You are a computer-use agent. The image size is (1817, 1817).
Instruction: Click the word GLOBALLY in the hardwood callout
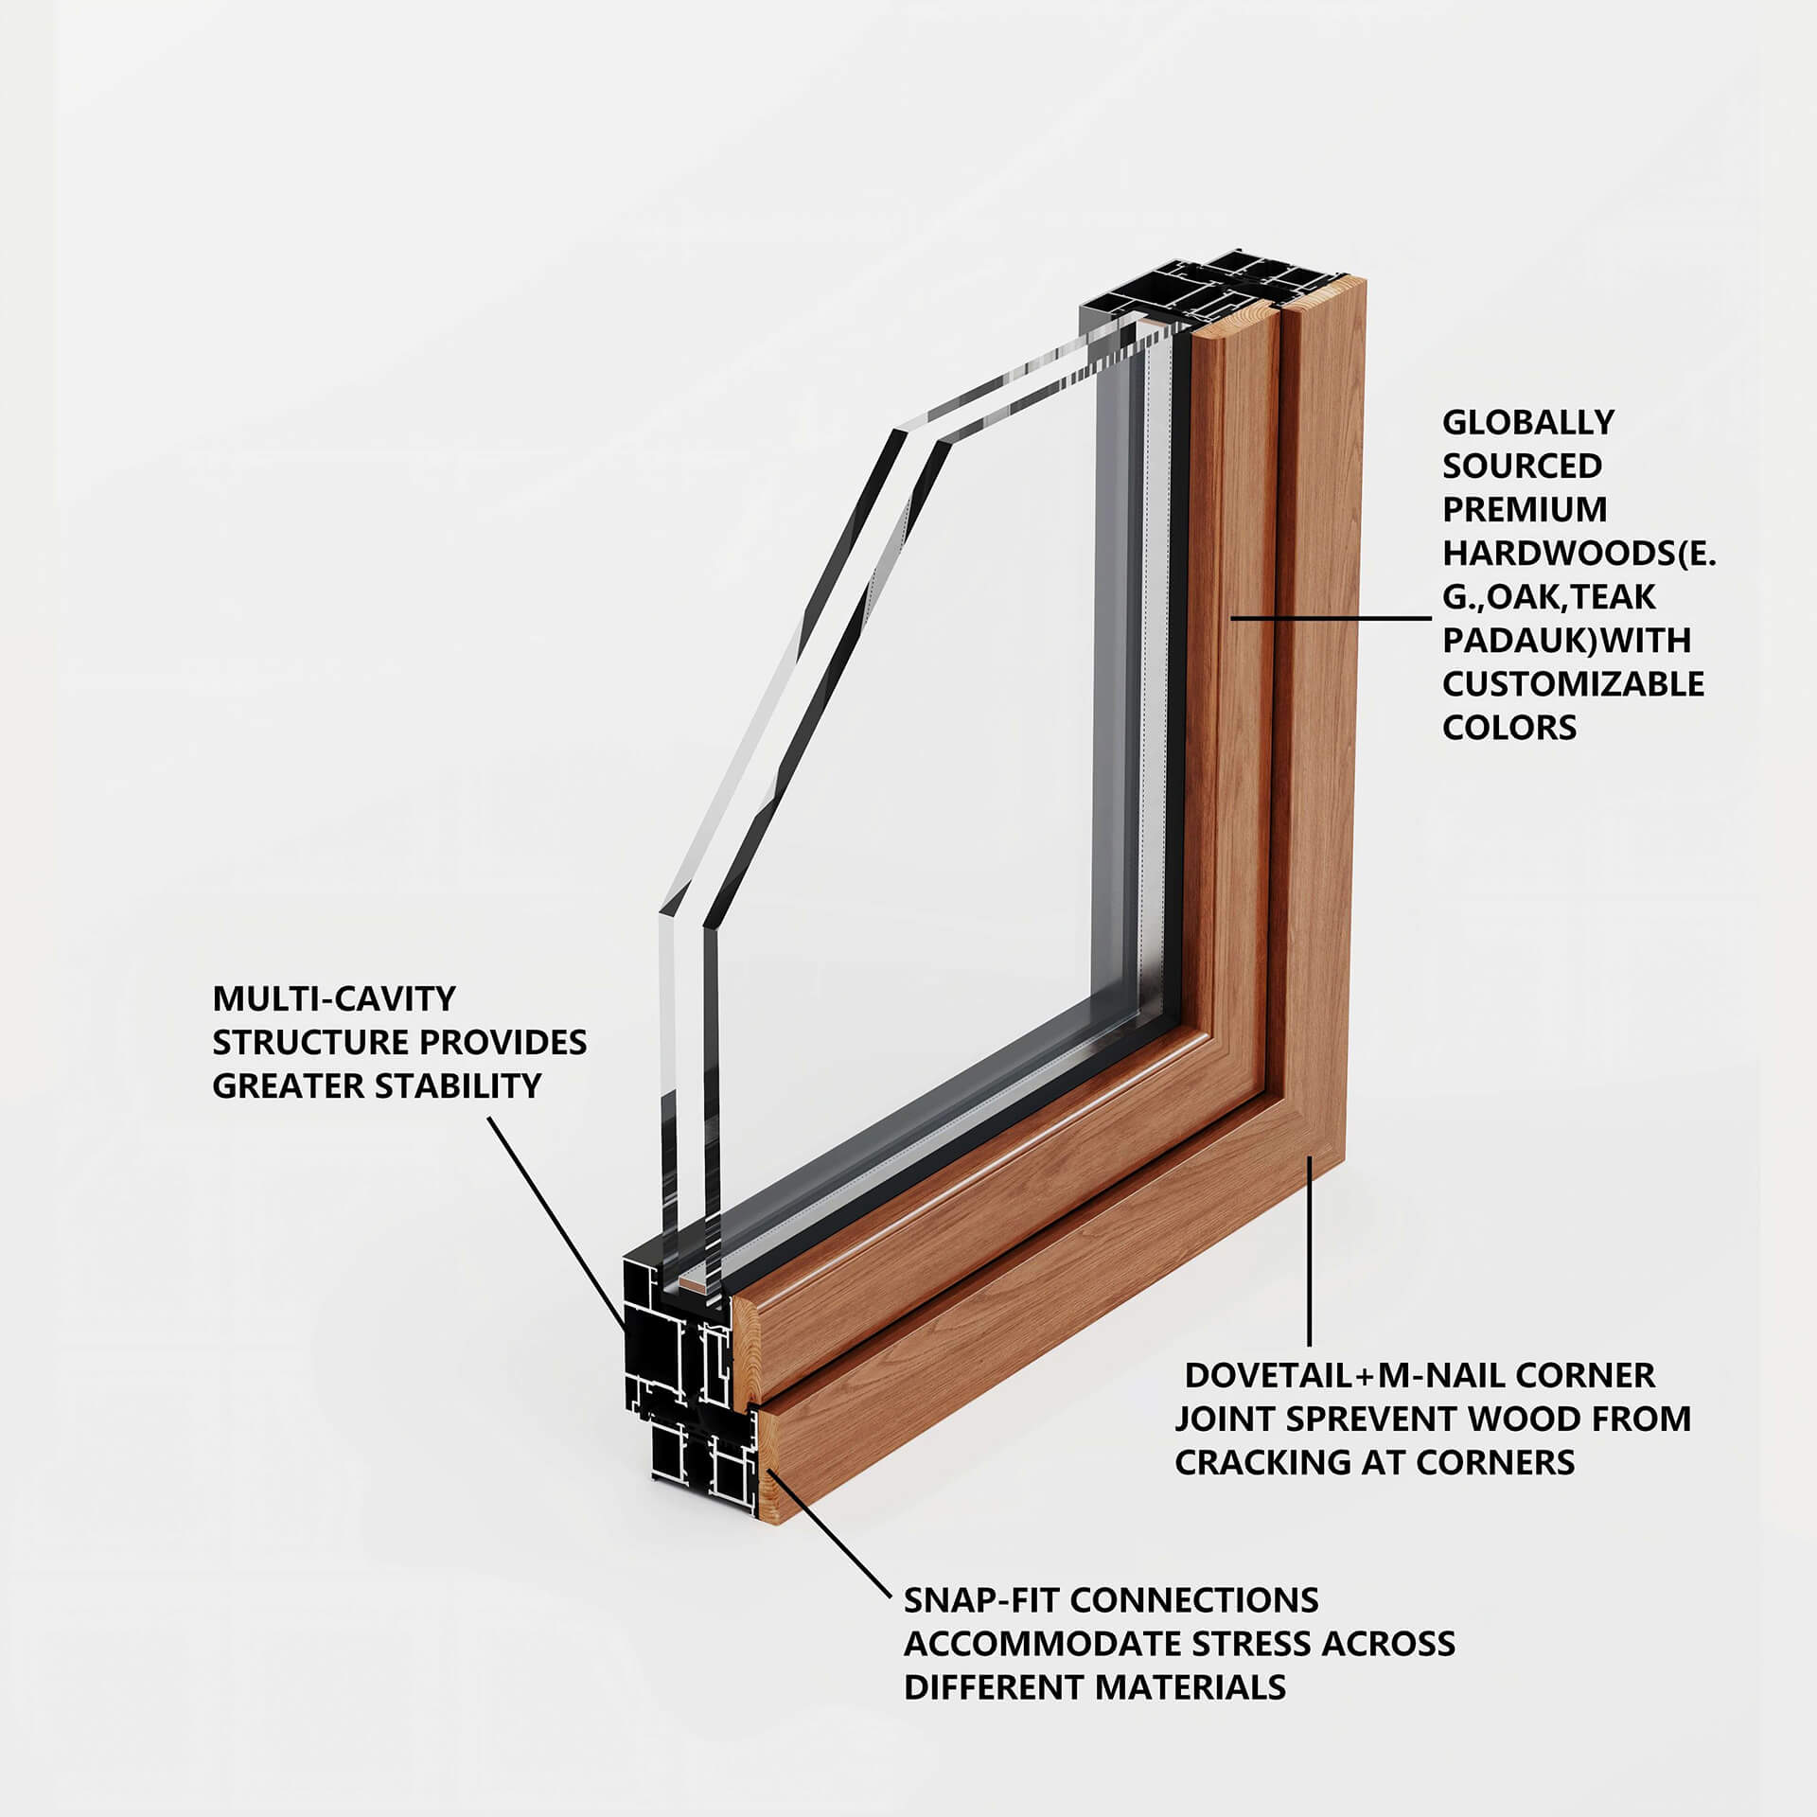tap(1527, 422)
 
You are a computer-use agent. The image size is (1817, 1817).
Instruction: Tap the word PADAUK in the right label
tap(1506, 640)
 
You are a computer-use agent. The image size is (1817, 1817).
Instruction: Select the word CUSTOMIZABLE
tap(1573, 683)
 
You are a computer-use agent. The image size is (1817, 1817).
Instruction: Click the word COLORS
tap(1508, 727)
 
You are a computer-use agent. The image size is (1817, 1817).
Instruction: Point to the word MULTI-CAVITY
tap(334, 997)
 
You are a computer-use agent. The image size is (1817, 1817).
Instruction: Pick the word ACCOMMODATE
tap(1042, 1643)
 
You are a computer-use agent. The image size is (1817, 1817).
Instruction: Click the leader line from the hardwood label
tap(1331, 618)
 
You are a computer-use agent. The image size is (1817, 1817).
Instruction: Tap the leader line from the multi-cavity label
tap(555, 1221)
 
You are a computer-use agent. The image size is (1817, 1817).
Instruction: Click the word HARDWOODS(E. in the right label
tap(1579, 553)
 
